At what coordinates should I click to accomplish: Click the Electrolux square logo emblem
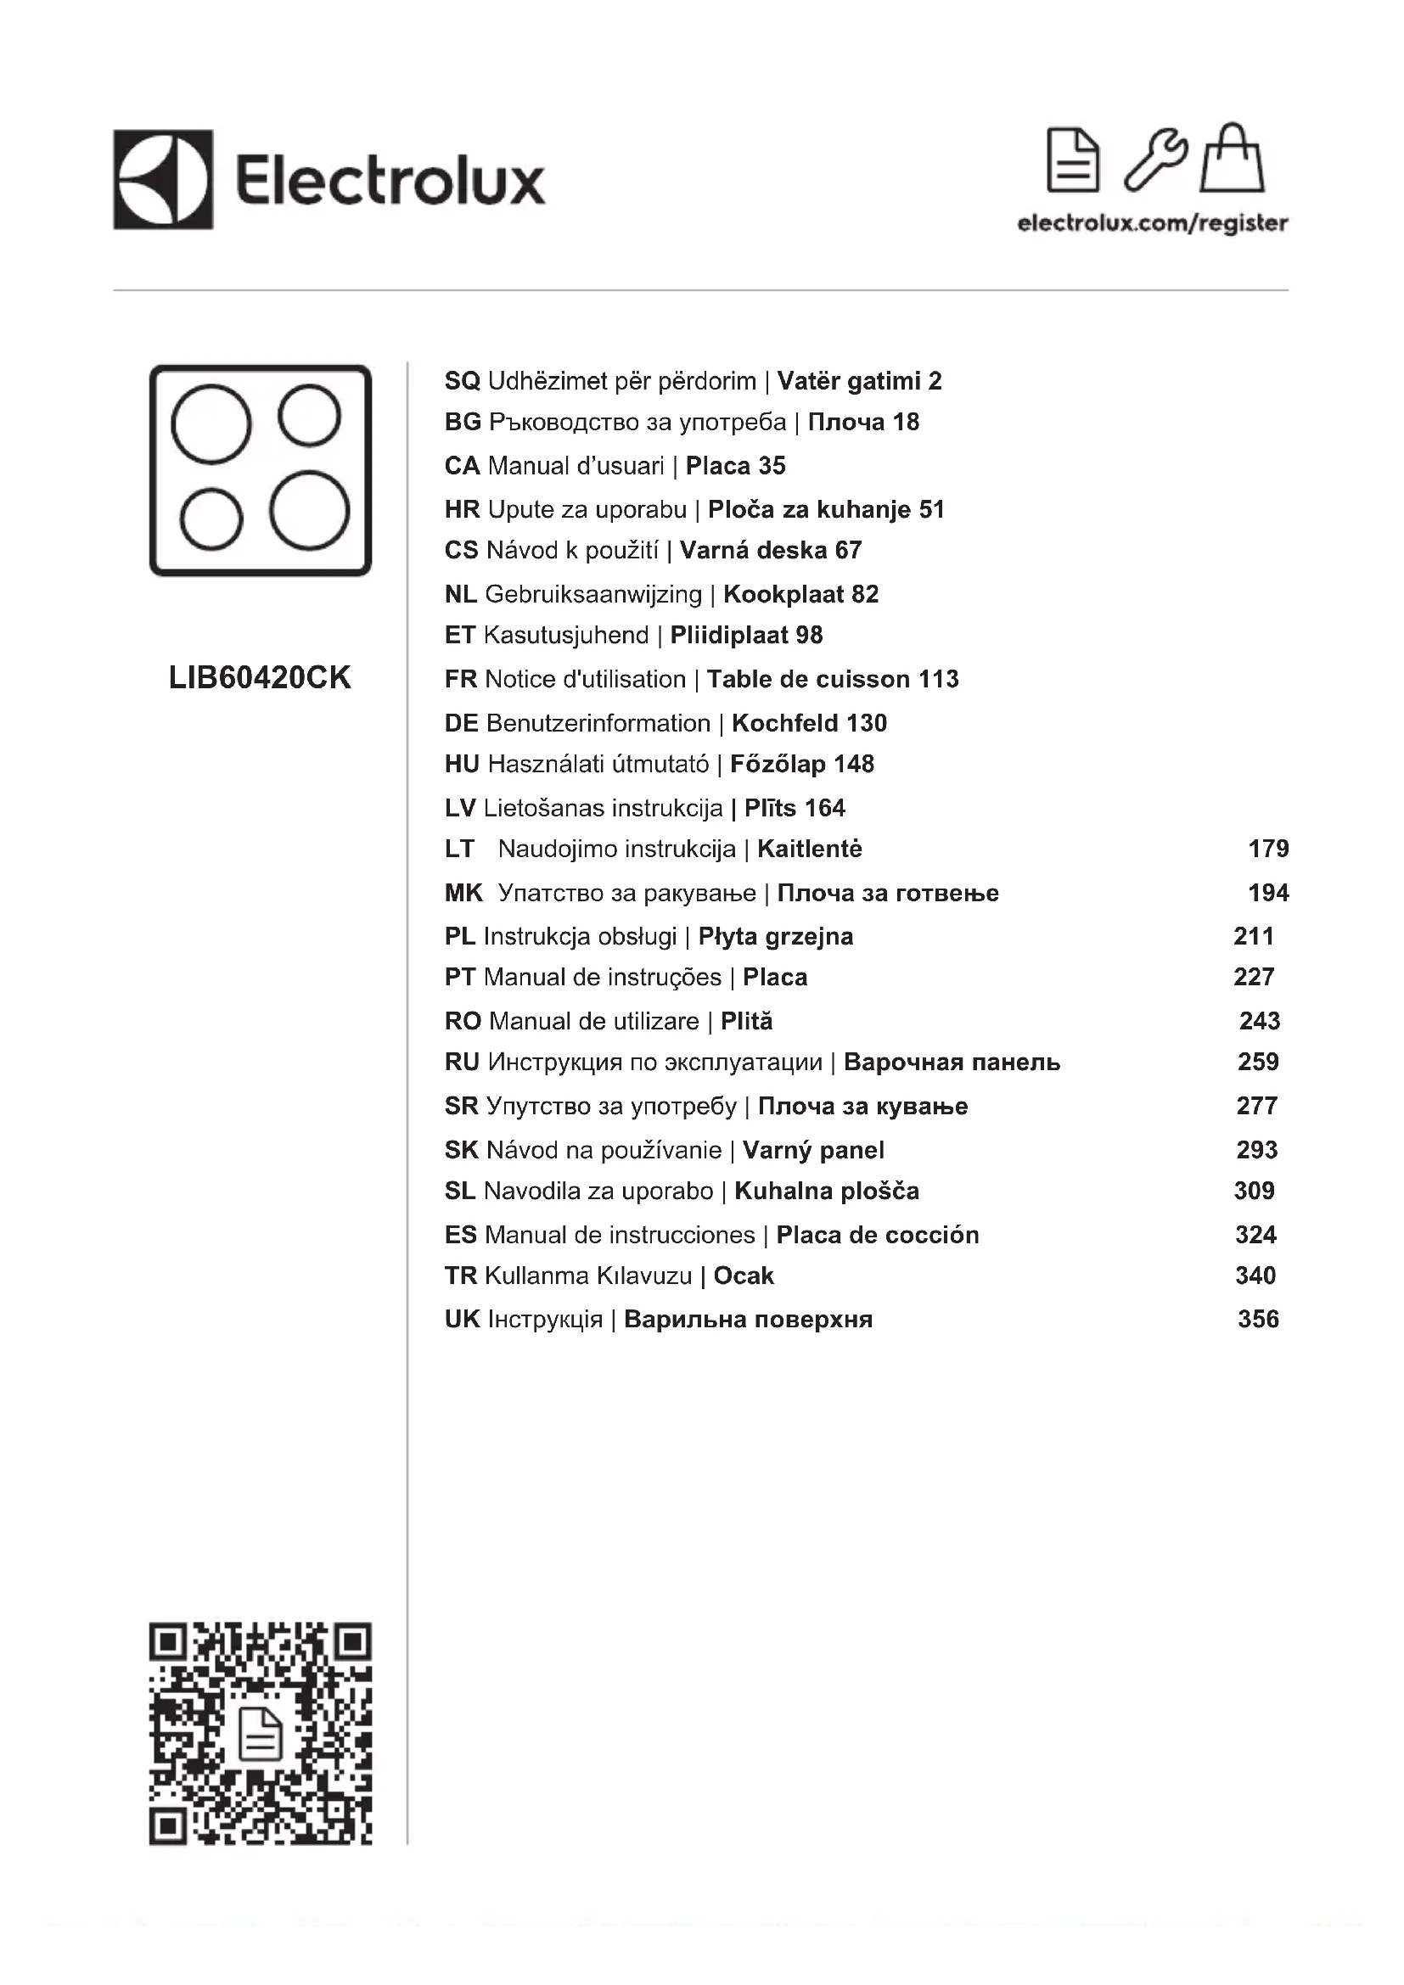tap(162, 180)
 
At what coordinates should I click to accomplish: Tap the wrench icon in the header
tap(1154, 160)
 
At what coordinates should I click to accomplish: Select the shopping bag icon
tap(1232, 159)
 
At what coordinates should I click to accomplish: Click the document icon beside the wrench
tap(1072, 160)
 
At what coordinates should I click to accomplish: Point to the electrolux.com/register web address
tap(1153, 223)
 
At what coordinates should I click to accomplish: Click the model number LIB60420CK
tap(261, 678)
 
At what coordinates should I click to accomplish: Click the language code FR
tap(460, 680)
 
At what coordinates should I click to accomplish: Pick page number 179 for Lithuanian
tap(1268, 849)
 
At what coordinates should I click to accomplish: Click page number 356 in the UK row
tap(1258, 1320)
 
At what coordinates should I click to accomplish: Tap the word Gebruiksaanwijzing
tap(593, 595)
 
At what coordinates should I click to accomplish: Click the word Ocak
tap(744, 1276)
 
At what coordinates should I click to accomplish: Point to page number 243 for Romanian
tap(1259, 1021)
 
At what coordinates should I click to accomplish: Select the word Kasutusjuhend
tap(565, 636)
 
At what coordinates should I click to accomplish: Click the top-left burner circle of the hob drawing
tap(211, 423)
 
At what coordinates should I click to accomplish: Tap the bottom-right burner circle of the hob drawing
tap(309, 510)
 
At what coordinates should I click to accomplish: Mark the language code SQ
tap(462, 381)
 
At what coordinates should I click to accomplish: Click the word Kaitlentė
tap(809, 849)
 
